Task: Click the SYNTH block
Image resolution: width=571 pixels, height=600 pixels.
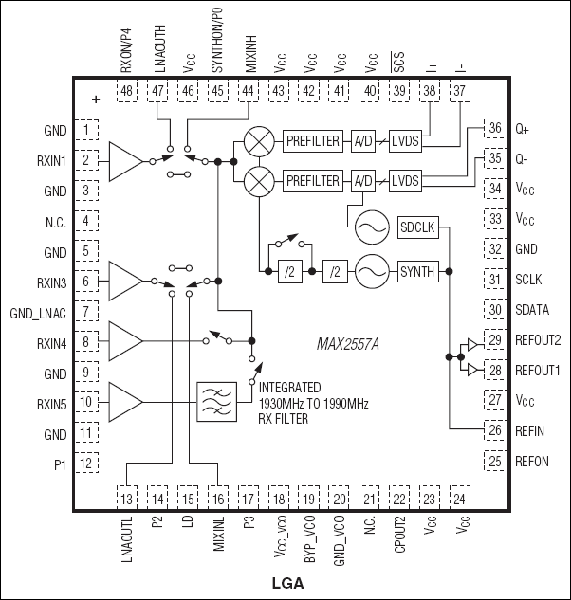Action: coord(417,272)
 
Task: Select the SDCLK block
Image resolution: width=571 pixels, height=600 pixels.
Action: coord(417,228)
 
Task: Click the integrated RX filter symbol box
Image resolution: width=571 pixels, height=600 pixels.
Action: coord(214,401)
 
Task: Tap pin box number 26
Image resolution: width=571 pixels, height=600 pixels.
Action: coord(494,429)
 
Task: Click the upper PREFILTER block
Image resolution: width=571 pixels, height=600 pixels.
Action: coord(312,141)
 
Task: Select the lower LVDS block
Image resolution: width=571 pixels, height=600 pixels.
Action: coord(405,180)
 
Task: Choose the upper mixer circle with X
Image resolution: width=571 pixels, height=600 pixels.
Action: coord(258,141)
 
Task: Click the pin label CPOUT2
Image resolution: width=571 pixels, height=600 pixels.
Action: coord(401,540)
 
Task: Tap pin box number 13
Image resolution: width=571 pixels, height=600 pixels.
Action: coord(127,497)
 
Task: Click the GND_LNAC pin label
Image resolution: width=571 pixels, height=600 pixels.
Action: coord(38,312)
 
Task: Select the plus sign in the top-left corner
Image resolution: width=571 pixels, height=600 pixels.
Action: coord(95,98)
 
